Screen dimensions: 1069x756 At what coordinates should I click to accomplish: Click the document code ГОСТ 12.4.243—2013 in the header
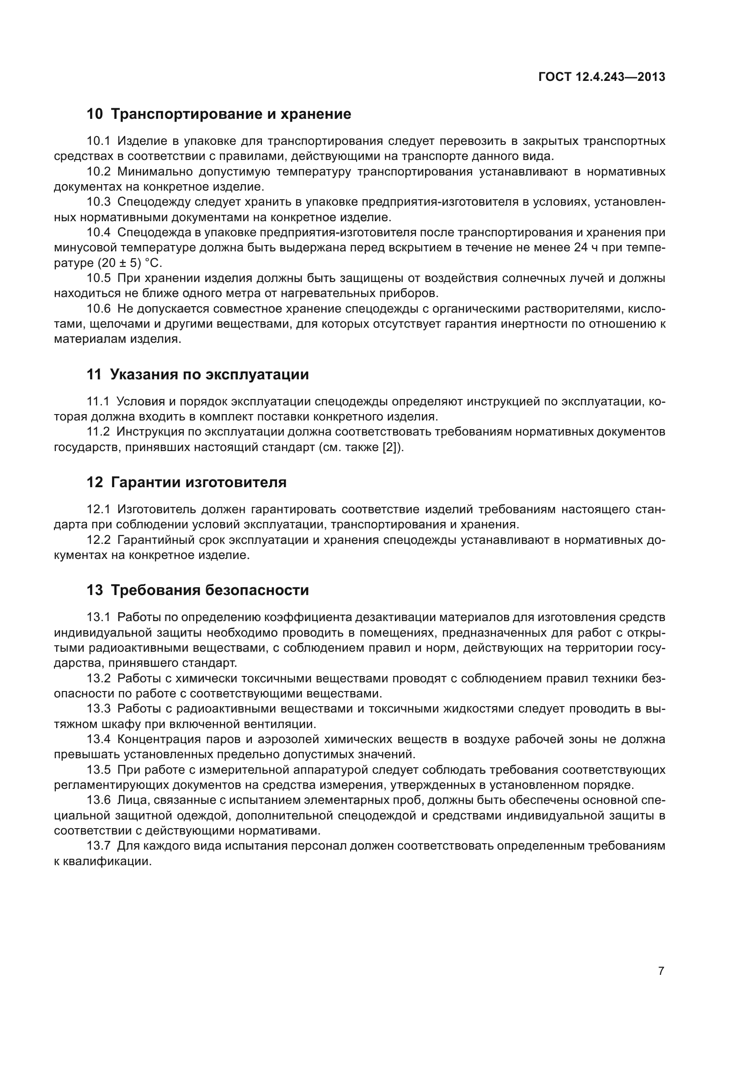[x=602, y=77]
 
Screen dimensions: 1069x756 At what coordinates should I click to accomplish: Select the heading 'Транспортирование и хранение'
[x=231, y=114]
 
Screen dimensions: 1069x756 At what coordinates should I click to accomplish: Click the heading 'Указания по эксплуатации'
[x=209, y=374]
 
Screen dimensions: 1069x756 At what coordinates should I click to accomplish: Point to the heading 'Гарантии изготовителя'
[x=199, y=482]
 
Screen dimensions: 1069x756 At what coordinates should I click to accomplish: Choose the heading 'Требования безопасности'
[x=210, y=590]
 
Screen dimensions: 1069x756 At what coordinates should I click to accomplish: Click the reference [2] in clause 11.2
[x=390, y=447]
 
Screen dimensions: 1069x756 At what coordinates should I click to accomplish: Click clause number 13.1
[x=99, y=617]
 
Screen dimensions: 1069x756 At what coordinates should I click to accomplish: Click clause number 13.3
[x=99, y=709]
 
